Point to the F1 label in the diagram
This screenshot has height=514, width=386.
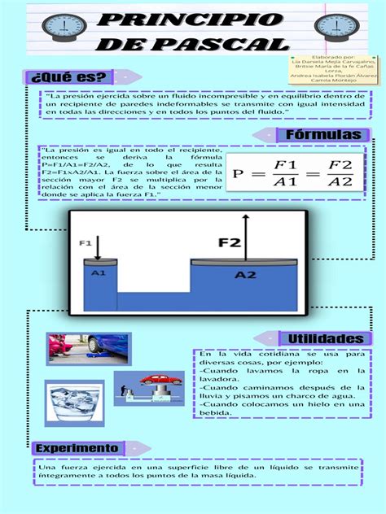[85, 242]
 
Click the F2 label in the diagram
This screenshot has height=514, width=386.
[229, 242]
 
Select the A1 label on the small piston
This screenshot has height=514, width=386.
[98, 273]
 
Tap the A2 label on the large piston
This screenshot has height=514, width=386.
[245, 275]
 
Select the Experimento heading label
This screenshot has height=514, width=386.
[77, 448]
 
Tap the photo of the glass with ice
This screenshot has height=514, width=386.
[74, 403]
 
